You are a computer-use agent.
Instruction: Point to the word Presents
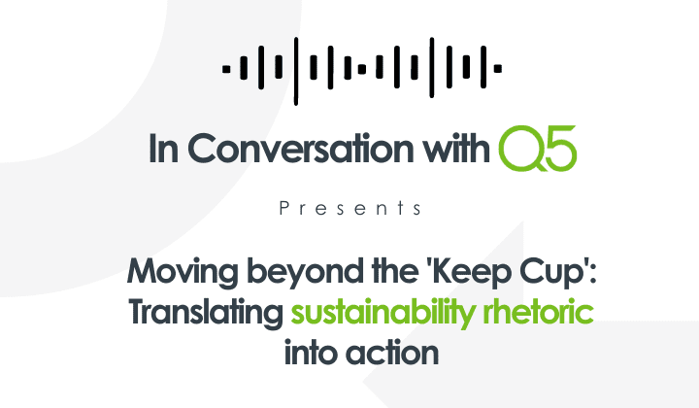click(349, 209)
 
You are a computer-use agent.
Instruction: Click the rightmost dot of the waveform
click(498, 68)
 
